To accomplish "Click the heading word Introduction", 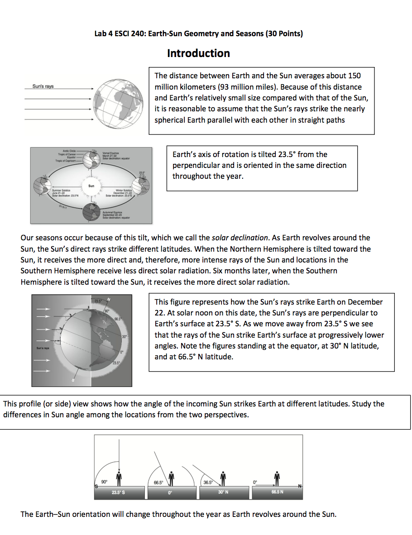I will pos(198,53).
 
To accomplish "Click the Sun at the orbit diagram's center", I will pos(91,186).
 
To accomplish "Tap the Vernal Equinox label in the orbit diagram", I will pos(110,153).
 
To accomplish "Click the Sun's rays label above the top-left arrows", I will pos(43,86).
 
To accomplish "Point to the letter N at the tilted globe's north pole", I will pos(108,299).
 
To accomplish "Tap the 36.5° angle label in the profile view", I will pos(208,482).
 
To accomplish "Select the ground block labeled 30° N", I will pos(223,492).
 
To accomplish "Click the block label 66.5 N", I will pos(278,492).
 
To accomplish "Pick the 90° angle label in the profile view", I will pos(104,482).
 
